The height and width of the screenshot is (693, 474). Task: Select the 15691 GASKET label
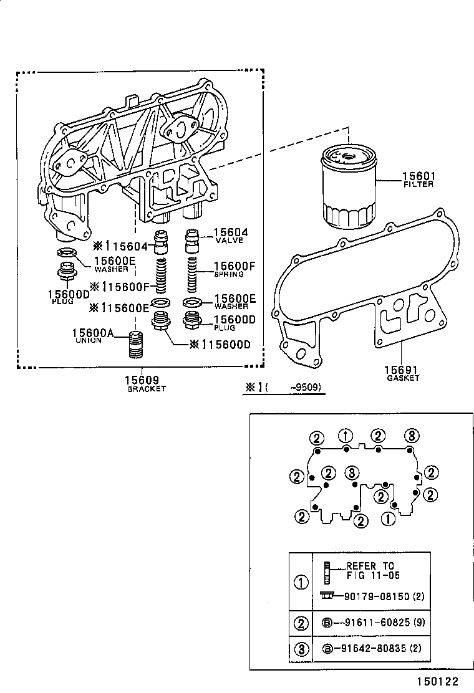click(x=402, y=372)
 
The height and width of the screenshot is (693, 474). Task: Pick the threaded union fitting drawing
click(x=137, y=345)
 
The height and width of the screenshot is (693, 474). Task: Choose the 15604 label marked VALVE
click(x=231, y=235)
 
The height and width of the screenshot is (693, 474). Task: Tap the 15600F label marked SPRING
click(x=235, y=269)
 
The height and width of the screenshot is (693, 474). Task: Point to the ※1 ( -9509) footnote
click(x=284, y=387)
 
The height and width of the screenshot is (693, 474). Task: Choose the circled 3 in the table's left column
click(x=301, y=649)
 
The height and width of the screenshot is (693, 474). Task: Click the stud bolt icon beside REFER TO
click(x=327, y=570)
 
